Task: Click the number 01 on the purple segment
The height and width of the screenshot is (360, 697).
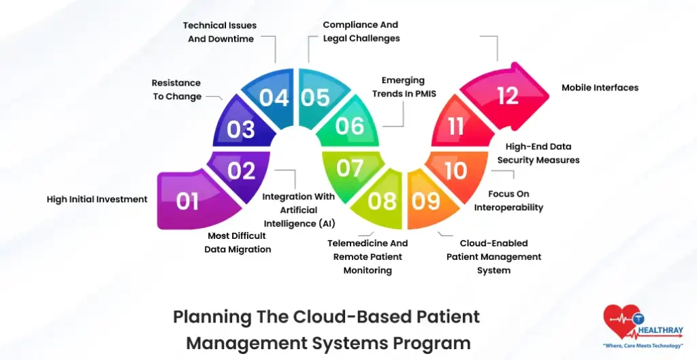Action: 187,201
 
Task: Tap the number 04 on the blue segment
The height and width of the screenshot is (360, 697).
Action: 274,98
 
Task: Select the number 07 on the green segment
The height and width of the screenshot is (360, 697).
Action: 350,168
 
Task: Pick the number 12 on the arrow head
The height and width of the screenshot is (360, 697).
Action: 508,96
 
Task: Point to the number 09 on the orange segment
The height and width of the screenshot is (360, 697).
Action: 426,201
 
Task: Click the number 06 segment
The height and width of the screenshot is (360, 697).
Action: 350,125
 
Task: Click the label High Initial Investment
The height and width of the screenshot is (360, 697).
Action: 97,199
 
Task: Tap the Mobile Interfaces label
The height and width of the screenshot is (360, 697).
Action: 600,88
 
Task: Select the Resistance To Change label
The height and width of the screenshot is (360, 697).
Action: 176,89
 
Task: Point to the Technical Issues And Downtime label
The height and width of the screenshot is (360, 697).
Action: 221,32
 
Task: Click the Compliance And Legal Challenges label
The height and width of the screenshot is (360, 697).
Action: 361,32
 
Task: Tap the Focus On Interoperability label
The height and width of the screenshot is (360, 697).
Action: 508,201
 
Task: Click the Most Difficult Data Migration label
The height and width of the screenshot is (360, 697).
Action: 238,242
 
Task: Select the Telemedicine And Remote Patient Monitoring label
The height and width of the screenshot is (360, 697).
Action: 368,257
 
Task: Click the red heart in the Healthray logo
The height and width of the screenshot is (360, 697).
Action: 620,320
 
